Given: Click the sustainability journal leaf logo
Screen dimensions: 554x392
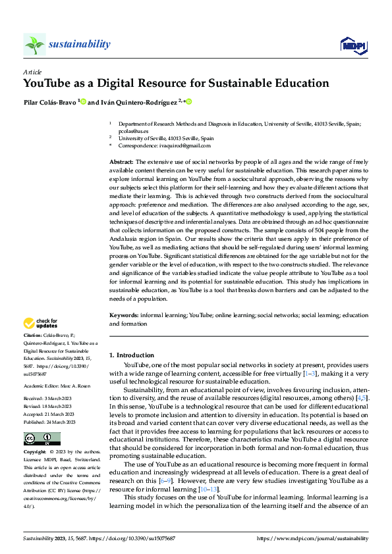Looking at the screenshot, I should coord(34,45).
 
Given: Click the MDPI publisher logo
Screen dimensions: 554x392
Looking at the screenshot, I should coord(352,45).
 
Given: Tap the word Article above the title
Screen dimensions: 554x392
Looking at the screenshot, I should coord(32,72).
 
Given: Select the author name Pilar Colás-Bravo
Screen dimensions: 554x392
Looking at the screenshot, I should coord(49,102).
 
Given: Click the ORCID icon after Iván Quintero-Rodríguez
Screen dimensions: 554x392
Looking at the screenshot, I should coord(188,102).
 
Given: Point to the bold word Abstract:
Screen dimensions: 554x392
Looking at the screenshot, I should coord(121,161).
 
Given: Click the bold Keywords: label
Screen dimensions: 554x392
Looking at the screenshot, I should coord(124,316).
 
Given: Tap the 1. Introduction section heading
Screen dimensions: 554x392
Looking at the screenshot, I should coord(132,355).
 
